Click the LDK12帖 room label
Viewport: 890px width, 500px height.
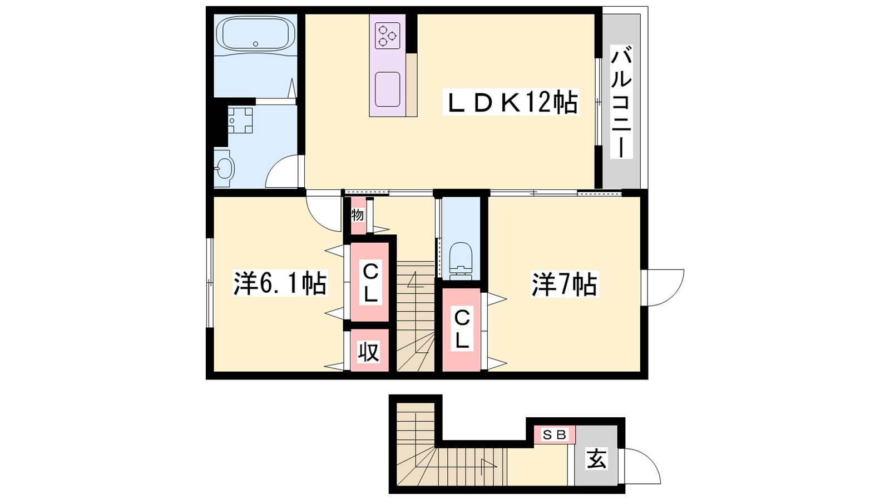click(511, 102)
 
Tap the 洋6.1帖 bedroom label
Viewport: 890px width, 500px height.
click(280, 283)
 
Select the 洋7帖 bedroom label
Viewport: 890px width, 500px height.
click(565, 284)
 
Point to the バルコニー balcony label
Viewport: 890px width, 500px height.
click(621, 102)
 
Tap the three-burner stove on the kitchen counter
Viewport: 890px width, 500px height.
click(387, 36)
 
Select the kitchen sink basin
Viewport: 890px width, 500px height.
click(387, 89)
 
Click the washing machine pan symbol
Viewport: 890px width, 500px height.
click(240, 120)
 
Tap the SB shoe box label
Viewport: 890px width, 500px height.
click(554, 435)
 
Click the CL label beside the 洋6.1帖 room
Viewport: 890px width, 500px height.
click(370, 282)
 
